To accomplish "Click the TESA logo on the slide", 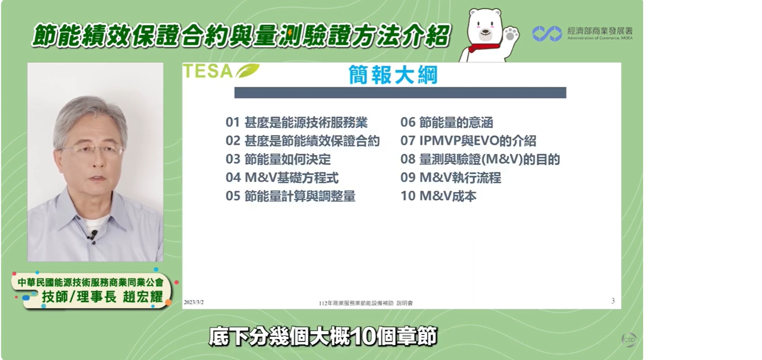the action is point(221,71).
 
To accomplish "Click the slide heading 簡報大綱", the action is point(393,75).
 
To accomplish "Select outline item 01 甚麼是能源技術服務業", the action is point(297,123).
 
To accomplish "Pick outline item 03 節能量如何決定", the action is point(278,159).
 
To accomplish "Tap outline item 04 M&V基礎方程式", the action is point(282,178).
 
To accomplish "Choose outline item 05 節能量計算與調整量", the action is point(291,196).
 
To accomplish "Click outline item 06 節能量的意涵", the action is point(447,123).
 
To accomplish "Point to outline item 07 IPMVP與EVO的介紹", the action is point(468,141).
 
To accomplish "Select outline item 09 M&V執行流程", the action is point(451,178).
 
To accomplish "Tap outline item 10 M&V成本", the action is point(438,196).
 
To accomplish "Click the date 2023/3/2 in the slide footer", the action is point(194,302).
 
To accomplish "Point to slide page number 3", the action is point(613,301).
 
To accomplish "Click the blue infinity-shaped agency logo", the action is point(547,34).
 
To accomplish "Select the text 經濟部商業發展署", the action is point(600,31).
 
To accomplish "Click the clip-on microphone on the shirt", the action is point(93,234).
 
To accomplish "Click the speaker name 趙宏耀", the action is point(143,296).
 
